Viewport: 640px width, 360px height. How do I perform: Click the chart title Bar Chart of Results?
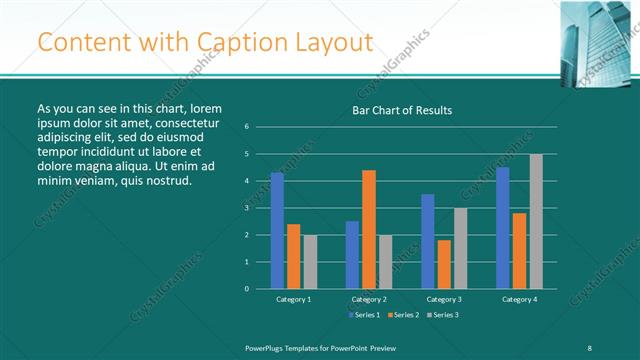tap(403, 110)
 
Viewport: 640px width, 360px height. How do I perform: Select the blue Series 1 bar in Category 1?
tap(277, 230)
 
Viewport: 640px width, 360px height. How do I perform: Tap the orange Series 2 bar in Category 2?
tap(369, 229)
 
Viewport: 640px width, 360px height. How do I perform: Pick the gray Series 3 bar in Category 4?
tap(536, 221)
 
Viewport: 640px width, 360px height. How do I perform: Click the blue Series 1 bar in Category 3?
tap(428, 241)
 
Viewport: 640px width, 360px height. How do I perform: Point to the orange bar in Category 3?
tap(444, 264)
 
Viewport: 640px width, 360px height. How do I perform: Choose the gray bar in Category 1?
tap(310, 261)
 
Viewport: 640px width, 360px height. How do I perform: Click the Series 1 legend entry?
tap(365, 315)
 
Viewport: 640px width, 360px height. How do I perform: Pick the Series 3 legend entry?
tap(445, 315)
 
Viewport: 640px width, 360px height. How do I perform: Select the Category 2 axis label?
tap(369, 299)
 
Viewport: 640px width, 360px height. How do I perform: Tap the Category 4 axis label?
tap(519, 299)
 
